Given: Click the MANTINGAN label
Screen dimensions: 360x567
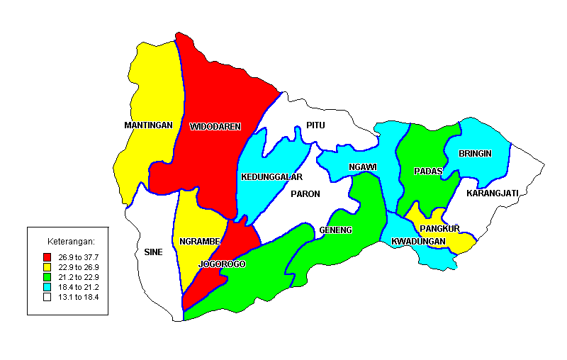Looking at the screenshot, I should [148, 125].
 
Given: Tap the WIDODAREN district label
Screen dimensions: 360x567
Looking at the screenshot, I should [215, 127].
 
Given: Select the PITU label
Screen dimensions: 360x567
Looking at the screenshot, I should [315, 125].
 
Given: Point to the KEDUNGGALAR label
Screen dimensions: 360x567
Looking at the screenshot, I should [271, 176].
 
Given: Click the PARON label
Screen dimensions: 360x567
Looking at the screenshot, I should [305, 193].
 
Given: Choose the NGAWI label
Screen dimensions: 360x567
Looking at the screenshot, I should [362, 167].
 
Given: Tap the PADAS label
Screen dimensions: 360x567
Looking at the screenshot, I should [428, 171].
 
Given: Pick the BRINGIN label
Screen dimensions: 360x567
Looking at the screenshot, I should [475, 153].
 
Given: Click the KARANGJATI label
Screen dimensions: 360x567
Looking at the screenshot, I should [493, 193].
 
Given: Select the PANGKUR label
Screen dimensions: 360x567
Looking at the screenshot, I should [440, 228].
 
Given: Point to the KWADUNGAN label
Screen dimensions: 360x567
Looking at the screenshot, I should [418, 242].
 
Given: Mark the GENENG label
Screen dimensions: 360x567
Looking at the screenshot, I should [336, 231].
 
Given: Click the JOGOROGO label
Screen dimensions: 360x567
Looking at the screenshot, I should [222, 264].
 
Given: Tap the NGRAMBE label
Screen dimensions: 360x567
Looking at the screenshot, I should [199, 241].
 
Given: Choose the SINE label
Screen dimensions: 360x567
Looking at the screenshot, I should [153, 252].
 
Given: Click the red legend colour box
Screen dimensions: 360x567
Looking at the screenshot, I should [47, 257].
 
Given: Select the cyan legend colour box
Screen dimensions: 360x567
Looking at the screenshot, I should [47, 287].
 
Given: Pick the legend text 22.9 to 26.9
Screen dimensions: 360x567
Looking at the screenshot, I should [79, 266].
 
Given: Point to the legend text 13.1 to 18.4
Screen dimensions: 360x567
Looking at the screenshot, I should [79, 297].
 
